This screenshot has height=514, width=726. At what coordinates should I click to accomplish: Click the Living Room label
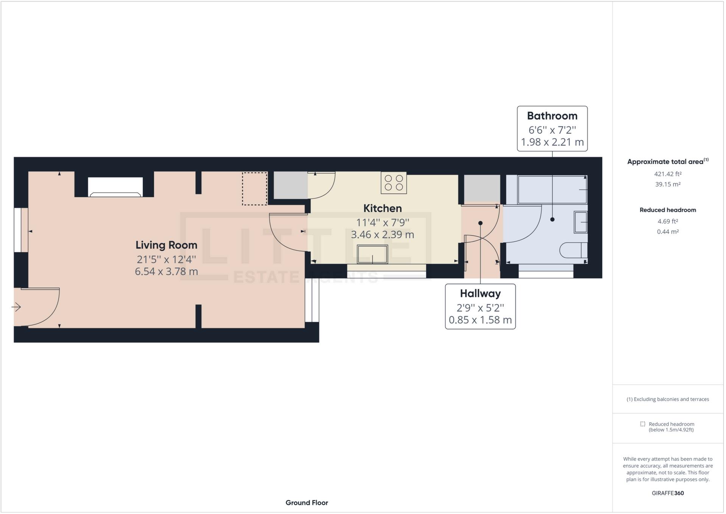[166, 245]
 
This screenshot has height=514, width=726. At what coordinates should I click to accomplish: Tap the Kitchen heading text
[382, 208]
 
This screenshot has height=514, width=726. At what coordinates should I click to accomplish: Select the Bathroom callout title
[552, 116]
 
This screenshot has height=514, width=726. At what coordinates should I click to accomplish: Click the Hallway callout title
[480, 294]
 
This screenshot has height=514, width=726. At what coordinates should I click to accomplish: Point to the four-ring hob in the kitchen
[394, 183]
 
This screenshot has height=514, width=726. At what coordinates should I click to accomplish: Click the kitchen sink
[372, 254]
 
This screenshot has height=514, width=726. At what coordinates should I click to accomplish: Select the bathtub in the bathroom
[552, 189]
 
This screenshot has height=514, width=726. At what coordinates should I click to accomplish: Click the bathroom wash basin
[581, 222]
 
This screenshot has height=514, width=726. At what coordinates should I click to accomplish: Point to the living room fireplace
[115, 187]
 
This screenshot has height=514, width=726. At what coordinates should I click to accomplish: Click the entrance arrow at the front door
[16, 307]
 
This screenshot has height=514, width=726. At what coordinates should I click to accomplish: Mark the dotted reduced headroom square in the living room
[255, 189]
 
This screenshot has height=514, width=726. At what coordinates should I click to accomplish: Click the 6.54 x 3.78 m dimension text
[166, 272]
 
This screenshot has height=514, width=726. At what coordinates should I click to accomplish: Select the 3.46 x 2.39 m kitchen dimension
[382, 235]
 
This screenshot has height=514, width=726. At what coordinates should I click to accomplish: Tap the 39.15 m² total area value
[668, 184]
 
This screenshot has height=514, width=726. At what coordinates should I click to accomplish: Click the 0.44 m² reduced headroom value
[668, 232]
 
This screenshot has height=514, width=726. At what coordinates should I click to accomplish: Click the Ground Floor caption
[307, 503]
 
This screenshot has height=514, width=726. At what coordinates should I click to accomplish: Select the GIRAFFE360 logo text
[668, 493]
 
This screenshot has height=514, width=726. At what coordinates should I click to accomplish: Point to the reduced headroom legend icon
[642, 424]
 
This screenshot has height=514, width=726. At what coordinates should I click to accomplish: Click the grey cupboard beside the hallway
[482, 188]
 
